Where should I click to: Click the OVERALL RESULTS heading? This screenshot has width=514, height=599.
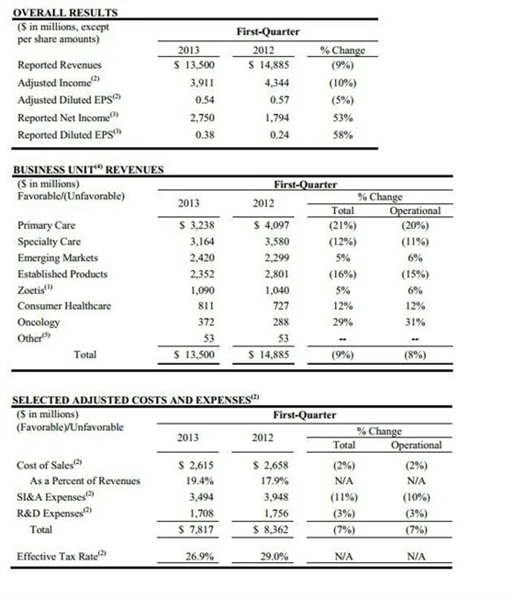(67, 13)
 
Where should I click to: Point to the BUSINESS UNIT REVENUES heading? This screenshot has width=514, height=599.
(89, 170)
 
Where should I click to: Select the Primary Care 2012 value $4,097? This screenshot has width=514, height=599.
(270, 225)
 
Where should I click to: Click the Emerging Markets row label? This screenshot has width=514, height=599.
(58, 257)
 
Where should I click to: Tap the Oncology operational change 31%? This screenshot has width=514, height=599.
(415, 322)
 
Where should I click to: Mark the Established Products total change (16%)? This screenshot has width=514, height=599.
(342, 273)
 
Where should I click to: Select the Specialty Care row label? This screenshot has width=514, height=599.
(49, 241)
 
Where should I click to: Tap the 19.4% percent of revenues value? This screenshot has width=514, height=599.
(198, 481)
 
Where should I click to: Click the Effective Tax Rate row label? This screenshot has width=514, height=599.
(61, 556)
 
